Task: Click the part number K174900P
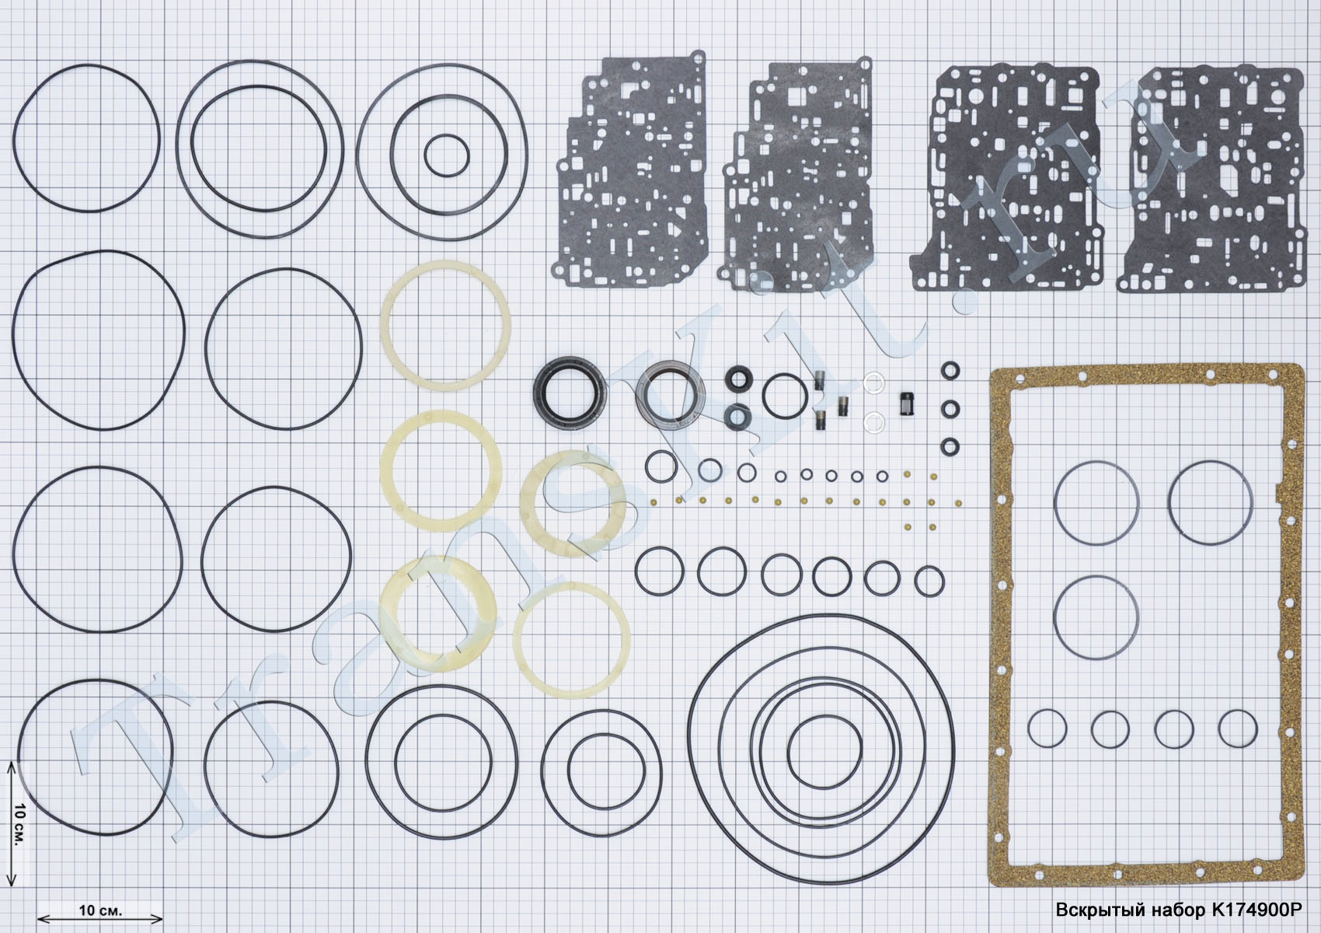[1257, 910]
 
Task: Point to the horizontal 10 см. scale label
[100, 910]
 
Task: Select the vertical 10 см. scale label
[19, 824]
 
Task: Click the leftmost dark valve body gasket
[631, 170]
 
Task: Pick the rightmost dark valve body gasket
[1210, 180]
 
